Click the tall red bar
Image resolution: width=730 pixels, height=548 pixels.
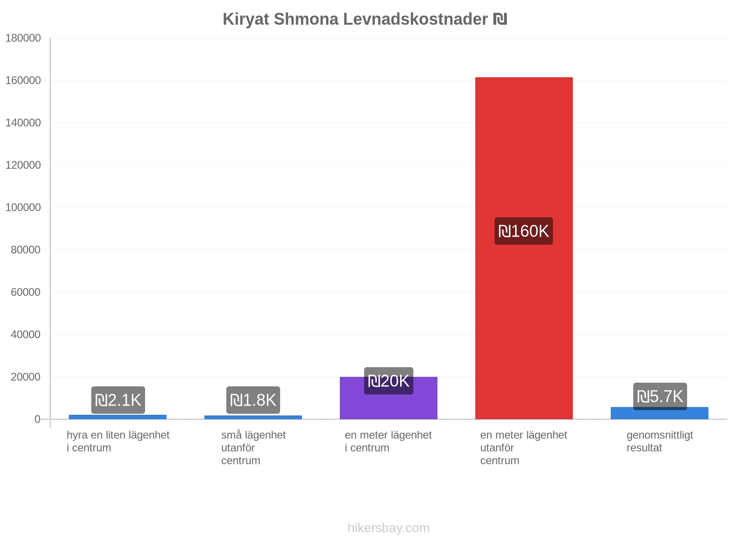point(524,248)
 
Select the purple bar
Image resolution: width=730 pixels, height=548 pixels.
point(388,398)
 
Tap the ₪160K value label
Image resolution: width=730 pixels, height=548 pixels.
point(524,231)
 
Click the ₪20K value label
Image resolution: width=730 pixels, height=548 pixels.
point(388,381)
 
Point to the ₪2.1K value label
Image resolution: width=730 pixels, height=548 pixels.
point(118,400)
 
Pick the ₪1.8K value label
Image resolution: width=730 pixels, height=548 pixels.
point(253,400)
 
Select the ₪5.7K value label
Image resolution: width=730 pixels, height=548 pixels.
point(660,396)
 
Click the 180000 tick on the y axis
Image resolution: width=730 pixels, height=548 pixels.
point(23,38)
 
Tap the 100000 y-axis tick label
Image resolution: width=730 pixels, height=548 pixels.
point(23,207)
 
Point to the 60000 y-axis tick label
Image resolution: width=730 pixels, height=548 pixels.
point(26,292)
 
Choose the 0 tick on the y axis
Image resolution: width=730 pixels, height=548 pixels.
point(37,419)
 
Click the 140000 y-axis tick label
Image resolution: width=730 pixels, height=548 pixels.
point(23,123)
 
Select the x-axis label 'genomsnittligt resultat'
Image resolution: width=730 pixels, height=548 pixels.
point(660,442)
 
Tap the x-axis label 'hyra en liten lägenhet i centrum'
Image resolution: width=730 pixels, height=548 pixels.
point(118,442)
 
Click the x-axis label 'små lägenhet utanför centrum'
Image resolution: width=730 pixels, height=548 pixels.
point(253,448)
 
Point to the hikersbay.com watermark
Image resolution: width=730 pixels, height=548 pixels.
point(388,528)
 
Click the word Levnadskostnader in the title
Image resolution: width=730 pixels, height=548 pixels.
point(415,19)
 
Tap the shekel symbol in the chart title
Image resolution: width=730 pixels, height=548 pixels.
point(500,19)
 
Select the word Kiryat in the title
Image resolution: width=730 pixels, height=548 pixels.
point(246,20)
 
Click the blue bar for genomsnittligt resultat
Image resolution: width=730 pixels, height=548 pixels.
point(659,413)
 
